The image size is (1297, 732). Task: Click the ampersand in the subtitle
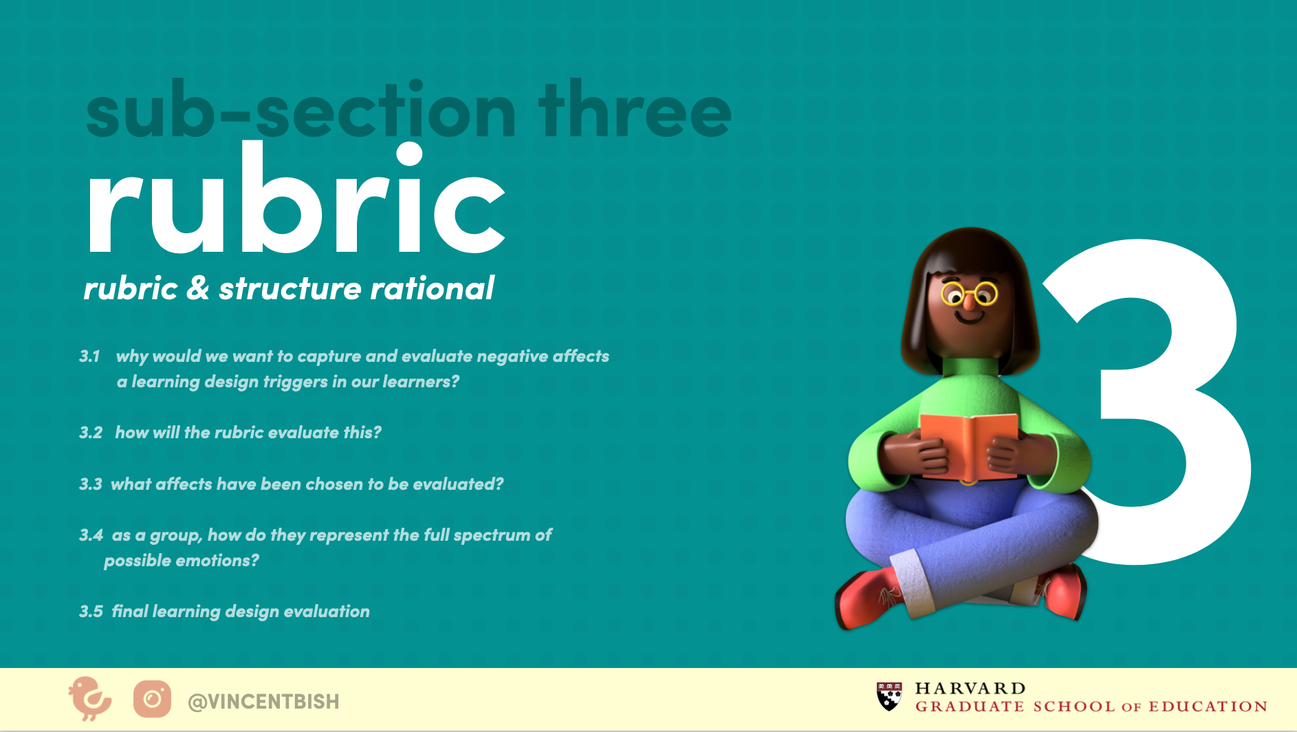(x=197, y=288)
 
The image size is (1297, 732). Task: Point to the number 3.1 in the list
(x=89, y=356)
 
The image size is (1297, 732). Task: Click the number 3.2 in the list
(x=91, y=433)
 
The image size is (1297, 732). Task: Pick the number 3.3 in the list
(x=91, y=484)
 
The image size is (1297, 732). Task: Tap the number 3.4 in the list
(x=91, y=535)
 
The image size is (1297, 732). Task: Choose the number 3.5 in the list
(x=91, y=612)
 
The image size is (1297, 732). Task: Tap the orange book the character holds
(x=969, y=446)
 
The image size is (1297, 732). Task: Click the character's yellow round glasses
(x=970, y=294)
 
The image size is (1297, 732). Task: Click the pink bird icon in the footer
(x=89, y=699)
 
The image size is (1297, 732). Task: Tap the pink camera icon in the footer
(x=152, y=700)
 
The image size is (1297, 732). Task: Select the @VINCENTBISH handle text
(x=263, y=702)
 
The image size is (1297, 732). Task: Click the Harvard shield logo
(x=889, y=696)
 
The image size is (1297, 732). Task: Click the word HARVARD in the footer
(x=970, y=689)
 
